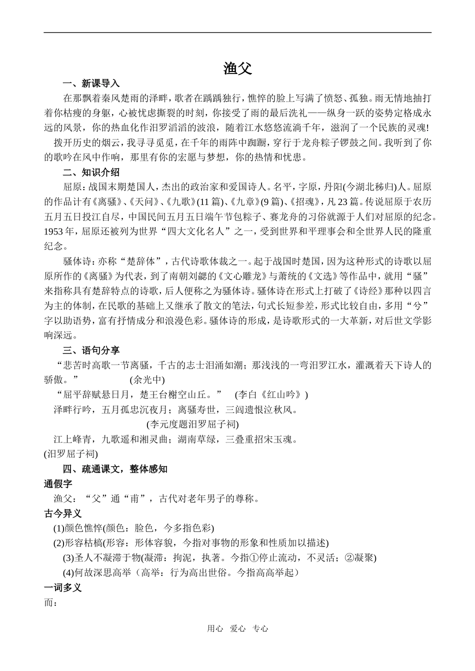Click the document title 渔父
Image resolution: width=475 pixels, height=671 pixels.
tap(237, 68)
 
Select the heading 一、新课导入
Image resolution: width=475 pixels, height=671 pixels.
tap(91, 83)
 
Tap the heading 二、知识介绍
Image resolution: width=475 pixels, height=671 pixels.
tap(91, 172)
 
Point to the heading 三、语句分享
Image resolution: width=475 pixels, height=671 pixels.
tap(91, 350)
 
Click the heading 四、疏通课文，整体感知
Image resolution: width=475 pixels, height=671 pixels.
tap(115, 469)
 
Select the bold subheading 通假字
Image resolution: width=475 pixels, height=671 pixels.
tap(58, 484)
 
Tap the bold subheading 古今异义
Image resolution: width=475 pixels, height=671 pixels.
tap(63, 513)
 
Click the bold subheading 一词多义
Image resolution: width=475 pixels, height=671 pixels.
tap(63, 587)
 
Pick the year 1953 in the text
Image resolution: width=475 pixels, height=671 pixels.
tap(53, 232)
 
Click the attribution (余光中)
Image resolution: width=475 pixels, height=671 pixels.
tap(147, 380)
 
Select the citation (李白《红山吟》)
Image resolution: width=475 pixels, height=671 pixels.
tap(271, 395)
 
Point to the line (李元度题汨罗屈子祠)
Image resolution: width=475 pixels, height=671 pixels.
tap(192, 424)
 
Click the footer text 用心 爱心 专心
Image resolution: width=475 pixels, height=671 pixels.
tap(237, 629)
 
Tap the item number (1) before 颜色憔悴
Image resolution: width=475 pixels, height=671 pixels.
tap(58, 528)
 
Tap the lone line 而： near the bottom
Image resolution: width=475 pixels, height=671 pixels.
tap(51, 602)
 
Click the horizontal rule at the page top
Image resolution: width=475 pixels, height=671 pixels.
tap(237, 33)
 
